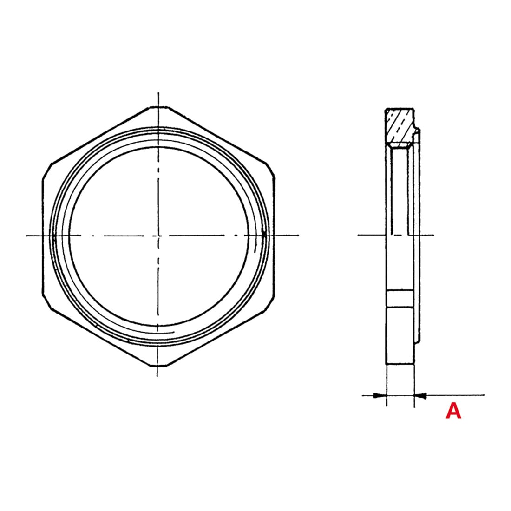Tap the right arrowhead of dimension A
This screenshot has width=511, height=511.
point(420,396)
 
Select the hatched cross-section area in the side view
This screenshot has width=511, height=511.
point(400,126)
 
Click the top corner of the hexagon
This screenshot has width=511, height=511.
point(158,106)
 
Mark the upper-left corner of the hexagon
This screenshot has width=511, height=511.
point(47,170)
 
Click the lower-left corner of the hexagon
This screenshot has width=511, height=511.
point(47,301)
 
